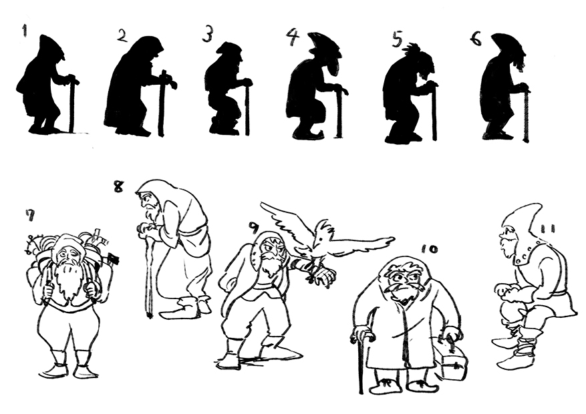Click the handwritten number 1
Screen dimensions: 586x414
25,31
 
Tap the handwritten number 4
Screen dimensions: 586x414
293,35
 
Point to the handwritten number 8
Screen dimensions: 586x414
118,186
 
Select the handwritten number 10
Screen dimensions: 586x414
428,248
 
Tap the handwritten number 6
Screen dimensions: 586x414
476,39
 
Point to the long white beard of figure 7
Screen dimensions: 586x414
68,279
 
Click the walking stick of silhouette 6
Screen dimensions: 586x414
527,115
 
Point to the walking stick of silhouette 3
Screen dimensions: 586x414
247,110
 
